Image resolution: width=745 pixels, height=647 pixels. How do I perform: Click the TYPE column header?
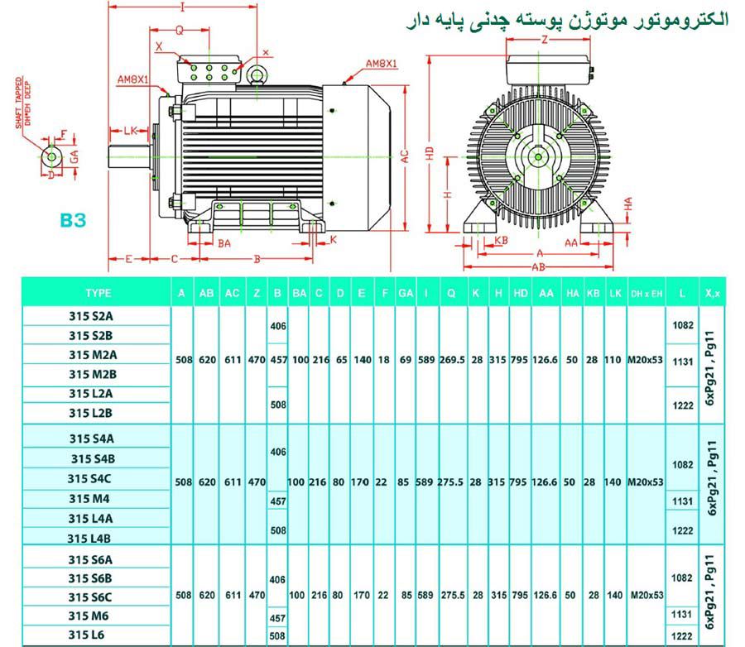(98, 293)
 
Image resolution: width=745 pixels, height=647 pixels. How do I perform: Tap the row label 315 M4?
(91, 498)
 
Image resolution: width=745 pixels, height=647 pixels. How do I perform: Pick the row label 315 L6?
(91, 635)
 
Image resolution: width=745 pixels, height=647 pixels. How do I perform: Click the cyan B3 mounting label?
(73, 221)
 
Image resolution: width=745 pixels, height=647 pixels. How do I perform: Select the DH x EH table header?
(646, 294)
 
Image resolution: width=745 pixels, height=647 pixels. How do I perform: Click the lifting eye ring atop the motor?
(258, 76)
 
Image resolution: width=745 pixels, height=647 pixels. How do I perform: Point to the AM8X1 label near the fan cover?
(382, 63)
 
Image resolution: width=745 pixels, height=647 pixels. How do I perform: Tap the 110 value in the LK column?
(615, 361)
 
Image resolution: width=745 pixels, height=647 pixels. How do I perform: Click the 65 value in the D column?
(340, 361)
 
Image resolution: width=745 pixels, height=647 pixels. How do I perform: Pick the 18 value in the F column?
(383, 361)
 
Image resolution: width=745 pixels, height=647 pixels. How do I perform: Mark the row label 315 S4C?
(91, 478)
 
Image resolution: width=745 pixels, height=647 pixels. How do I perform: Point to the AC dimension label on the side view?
(406, 156)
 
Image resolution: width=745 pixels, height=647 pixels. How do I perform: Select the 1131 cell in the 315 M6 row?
(682, 615)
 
